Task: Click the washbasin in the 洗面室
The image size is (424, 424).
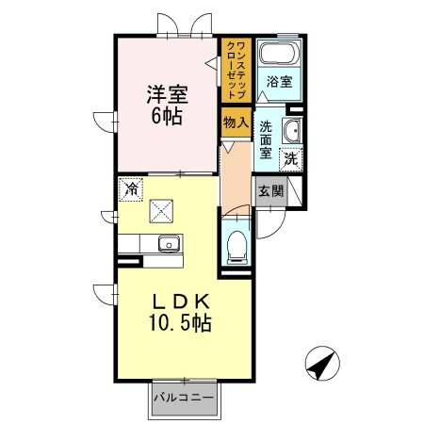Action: (x=291, y=129)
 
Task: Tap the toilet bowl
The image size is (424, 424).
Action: (x=236, y=248)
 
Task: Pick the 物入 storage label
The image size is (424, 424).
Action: (x=235, y=122)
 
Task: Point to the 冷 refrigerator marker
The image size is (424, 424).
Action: (x=130, y=188)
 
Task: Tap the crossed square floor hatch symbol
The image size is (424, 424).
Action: (x=163, y=210)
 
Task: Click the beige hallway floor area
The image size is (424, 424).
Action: (x=234, y=174)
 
